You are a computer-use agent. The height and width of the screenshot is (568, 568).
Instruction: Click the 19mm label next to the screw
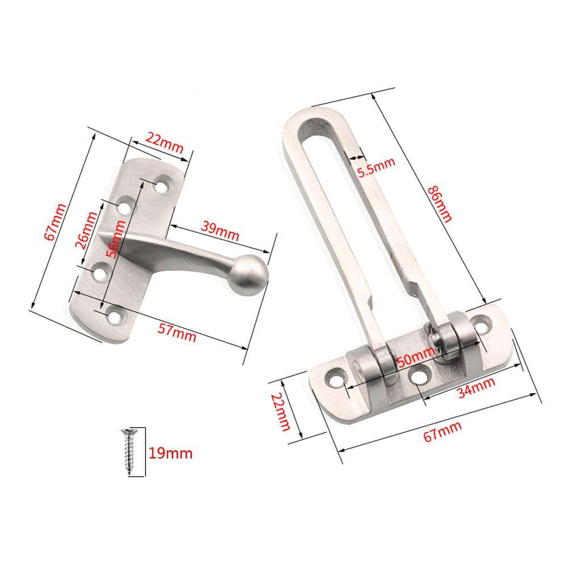coord(170,453)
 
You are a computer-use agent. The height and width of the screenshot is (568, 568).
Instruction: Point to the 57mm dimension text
coord(177,330)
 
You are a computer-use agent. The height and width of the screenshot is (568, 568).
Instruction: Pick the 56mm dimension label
coord(118,239)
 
